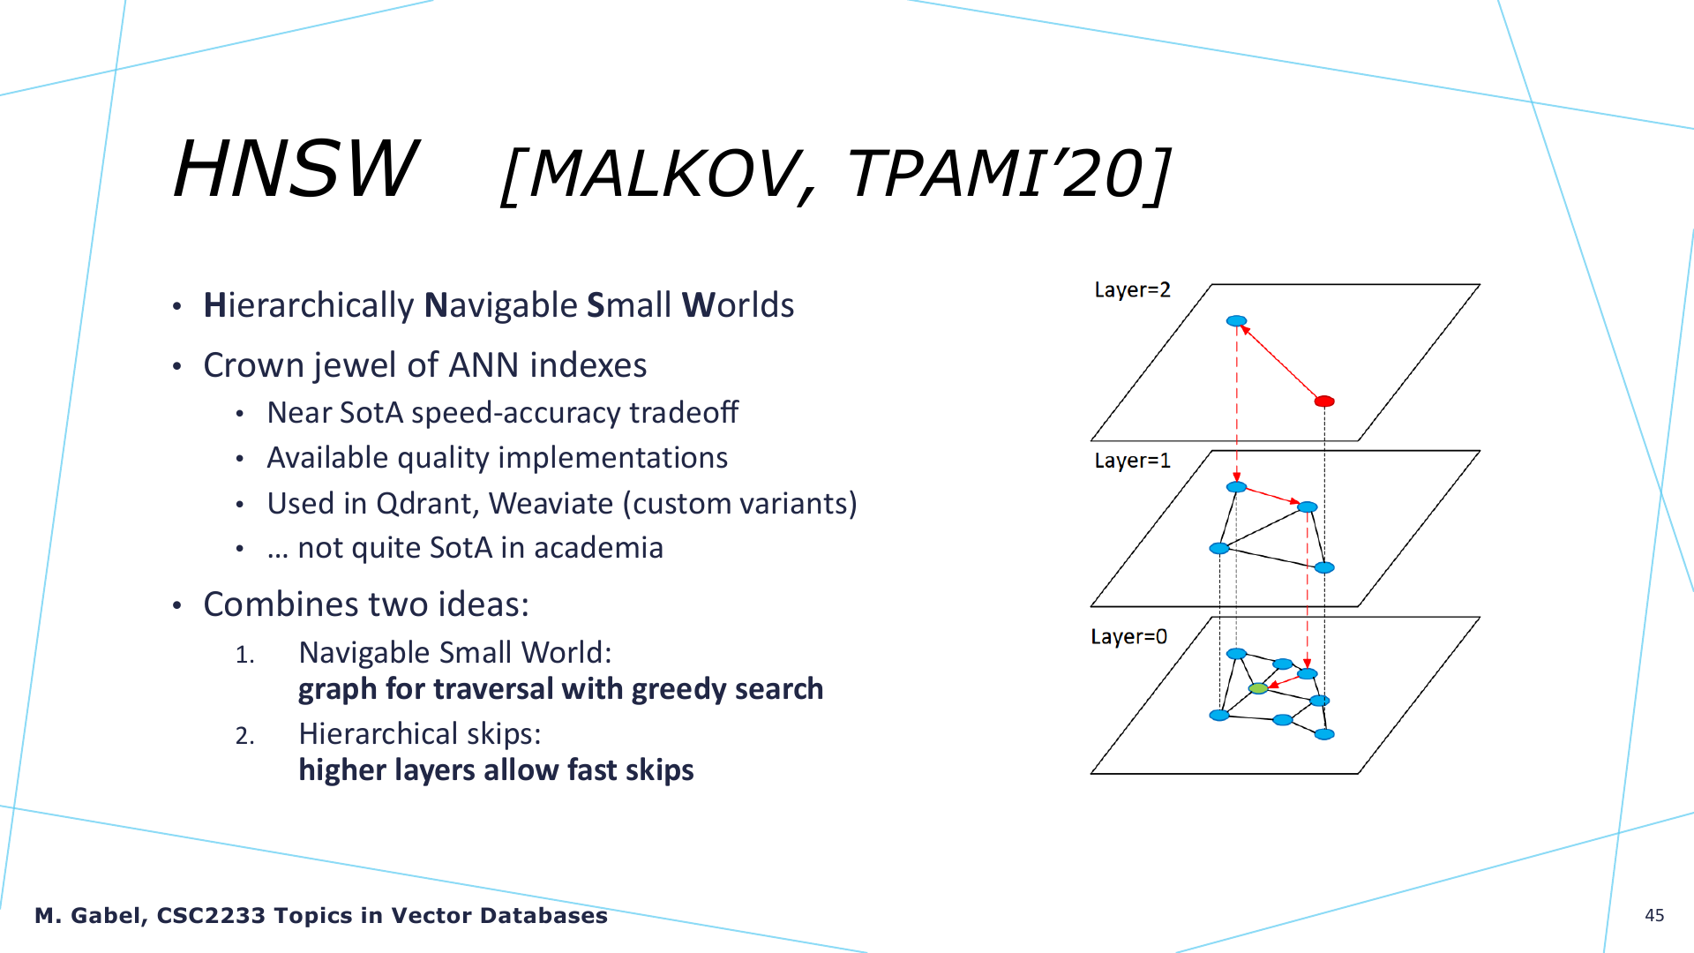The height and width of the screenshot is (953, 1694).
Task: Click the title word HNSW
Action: coord(296,169)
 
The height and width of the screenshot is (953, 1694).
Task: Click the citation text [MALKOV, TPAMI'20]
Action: coord(836,174)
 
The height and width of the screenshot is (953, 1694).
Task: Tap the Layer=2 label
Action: coord(1132,290)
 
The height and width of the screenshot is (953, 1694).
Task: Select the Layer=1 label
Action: coord(1132,461)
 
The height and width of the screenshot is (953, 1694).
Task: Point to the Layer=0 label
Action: coord(1128,636)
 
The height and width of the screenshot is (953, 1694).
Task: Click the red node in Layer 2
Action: coord(1324,401)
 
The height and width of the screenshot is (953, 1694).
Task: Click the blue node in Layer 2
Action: coord(1237,321)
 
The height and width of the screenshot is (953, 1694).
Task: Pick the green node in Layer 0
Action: coord(1258,688)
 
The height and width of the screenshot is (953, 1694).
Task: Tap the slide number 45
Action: coord(1654,915)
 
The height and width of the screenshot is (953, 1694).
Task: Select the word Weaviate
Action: coord(551,504)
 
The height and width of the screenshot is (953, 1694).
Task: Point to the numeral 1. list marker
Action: coord(244,655)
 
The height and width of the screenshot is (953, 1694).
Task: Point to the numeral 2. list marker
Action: coord(244,736)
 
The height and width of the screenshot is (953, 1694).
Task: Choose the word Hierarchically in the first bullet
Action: coord(309,306)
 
